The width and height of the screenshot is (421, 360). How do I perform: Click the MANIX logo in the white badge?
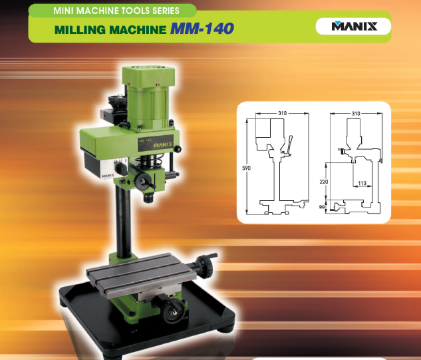pos(354,27)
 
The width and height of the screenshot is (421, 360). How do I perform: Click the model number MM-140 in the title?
pos(202,30)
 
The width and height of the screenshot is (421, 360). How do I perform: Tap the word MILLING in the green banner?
pos(79,31)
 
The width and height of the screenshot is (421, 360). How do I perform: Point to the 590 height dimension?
pos(246,168)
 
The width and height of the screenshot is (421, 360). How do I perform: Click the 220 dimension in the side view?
pos(323,180)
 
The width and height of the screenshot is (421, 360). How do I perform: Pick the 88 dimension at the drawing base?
pos(323,206)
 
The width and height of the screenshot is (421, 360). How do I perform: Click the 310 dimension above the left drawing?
pos(283,114)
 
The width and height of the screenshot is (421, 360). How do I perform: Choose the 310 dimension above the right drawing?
pos(355,114)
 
